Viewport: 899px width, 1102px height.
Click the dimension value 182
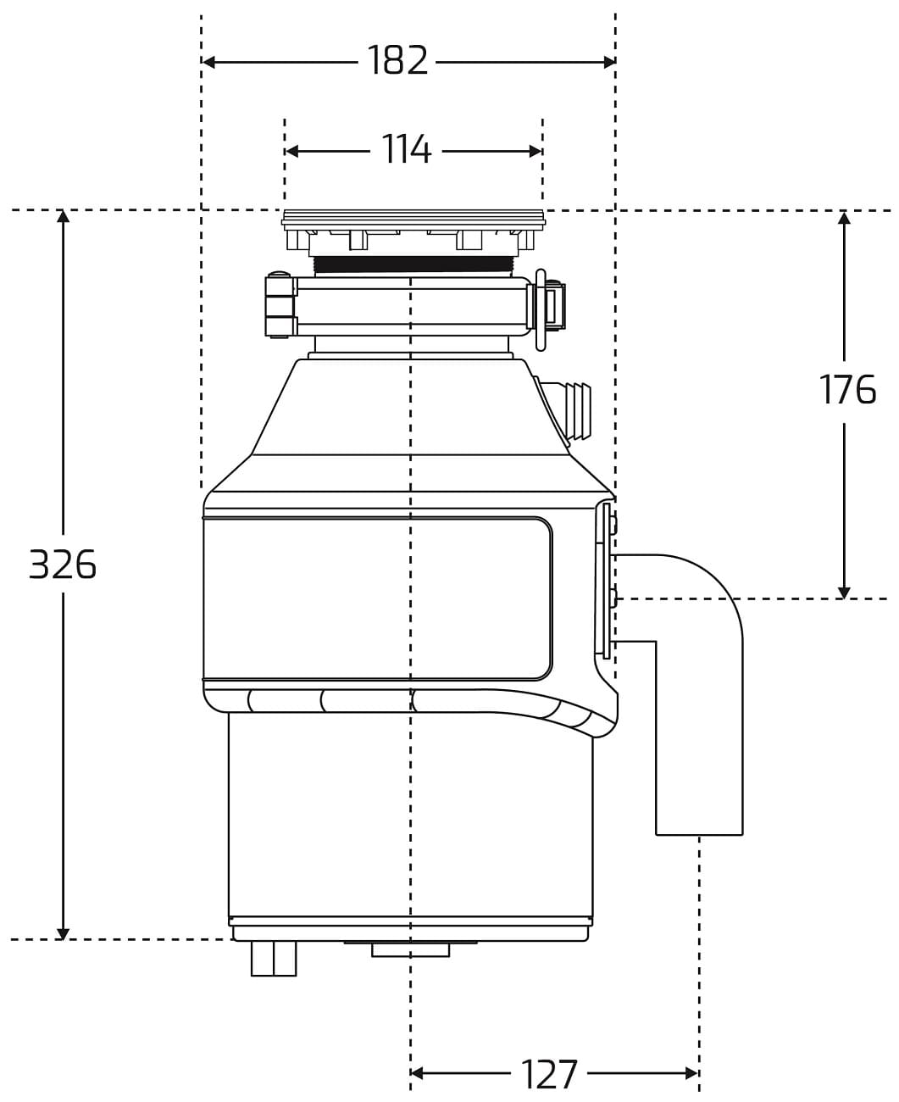[x=397, y=60]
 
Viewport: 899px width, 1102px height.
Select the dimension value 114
[x=407, y=149]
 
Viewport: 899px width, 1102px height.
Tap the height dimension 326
[x=62, y=565]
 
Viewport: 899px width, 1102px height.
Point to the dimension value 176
[x=847, y=389]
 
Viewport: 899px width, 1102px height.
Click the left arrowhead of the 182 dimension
[x=208, y=62]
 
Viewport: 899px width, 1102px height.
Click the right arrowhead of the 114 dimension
[x=536, y=152]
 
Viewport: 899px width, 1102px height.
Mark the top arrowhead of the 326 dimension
[x=64, y=217]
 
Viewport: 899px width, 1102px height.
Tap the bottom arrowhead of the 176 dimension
[x=844, y=592]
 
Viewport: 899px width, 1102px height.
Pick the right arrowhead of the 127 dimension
[x=691, y=1073]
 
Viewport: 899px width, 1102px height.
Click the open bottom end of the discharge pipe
[x=699, y=834]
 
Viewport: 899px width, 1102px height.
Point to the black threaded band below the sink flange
[x=413, y=264]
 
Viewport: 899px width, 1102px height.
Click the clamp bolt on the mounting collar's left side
[x=280, y=305]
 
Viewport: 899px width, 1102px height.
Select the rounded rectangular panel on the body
[x=377, y=598]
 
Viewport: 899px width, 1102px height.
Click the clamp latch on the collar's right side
[x=547, y=309]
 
